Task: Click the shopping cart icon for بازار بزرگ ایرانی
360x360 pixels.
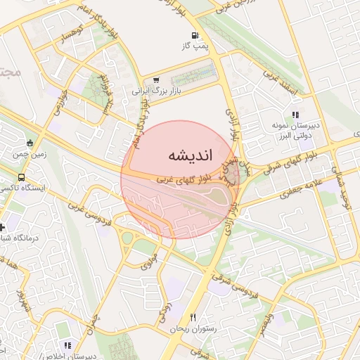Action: click(x=155, y=80)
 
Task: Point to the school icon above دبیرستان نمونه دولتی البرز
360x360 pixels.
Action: click(x=295, y=115)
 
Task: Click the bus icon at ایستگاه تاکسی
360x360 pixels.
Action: click(x=22, y=177)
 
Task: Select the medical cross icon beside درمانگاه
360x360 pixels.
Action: click(x=3, y=228)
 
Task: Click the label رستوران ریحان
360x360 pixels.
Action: click(x=194, y=328)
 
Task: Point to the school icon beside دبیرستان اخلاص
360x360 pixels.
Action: click(x=67, y=346)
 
